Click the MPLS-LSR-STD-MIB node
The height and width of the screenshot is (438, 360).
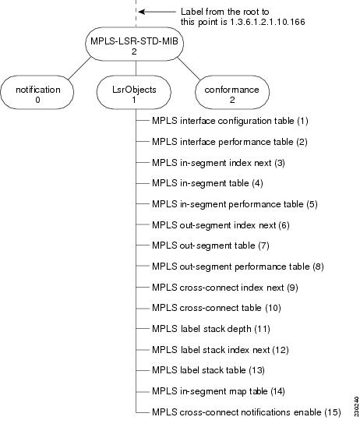pos(136,46)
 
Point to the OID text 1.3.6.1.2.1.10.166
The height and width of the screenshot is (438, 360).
pos(265,22)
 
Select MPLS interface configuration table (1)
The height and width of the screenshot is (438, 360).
pos(230,122)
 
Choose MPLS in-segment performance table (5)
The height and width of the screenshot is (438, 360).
pos(235,204)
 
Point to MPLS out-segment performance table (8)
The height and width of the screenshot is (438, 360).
pos(238,267)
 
